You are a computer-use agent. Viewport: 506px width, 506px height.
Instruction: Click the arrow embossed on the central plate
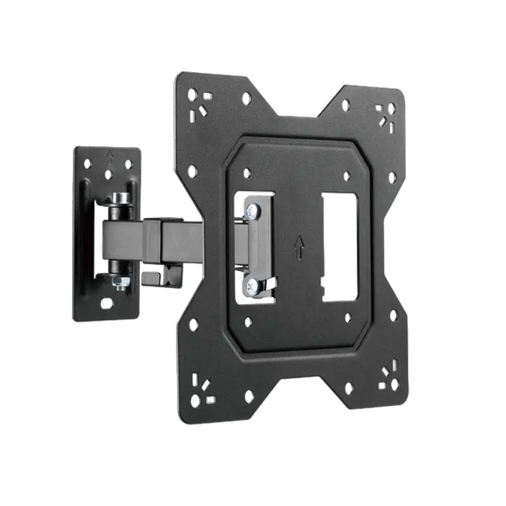299,247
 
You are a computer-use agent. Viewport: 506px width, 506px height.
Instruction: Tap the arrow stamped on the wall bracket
111,155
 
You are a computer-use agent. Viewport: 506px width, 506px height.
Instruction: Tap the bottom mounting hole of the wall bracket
106,304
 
